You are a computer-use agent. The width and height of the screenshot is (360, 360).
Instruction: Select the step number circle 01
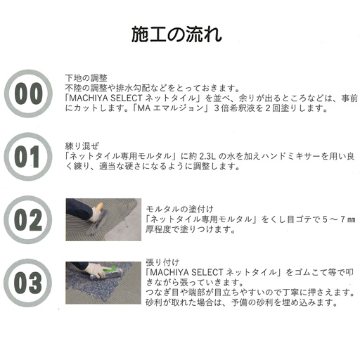(x=28, y=155)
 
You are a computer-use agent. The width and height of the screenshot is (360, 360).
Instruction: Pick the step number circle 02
(x=28, y=219)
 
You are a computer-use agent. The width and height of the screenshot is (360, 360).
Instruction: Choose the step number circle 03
(x=28, y=282)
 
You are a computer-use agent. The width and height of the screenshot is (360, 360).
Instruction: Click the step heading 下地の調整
(x=86, y=78)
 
